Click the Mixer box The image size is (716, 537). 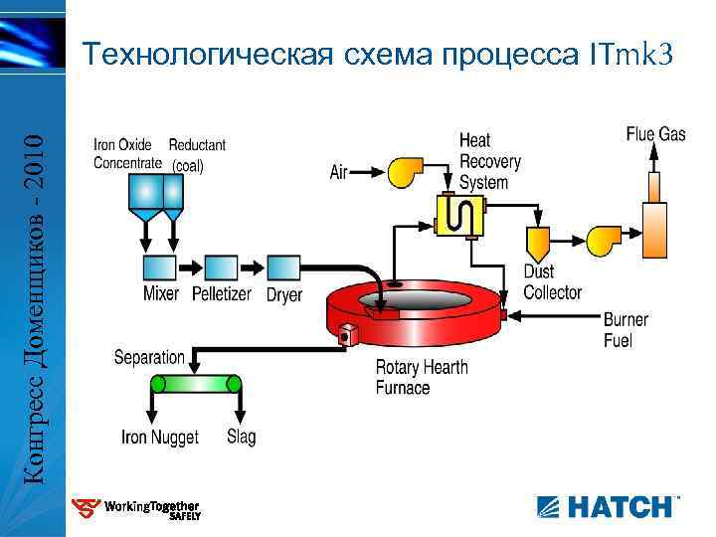pyautogui.click(x=160, y=268)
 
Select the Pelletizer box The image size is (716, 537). pyautogui.click(x=221, y=268)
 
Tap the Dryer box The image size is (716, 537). pyautogui.click(x=283, y=268)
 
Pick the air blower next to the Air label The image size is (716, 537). pyautogui.click(x=407, y=171)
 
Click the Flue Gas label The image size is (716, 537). pyautogui.click(x=656, y=133)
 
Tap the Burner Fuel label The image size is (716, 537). pyautogui.click(x=626, y=330)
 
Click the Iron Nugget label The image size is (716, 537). pyautogui.click(x=159, y=437)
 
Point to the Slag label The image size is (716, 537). pyautogui.click(x=241, y=437)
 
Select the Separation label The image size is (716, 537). pyautogui.click(x=149, y=357)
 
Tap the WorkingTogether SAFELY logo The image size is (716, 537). pyautogui.click(x=139, y=509)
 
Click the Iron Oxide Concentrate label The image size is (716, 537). pyautogui.click(x=126, y=154)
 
